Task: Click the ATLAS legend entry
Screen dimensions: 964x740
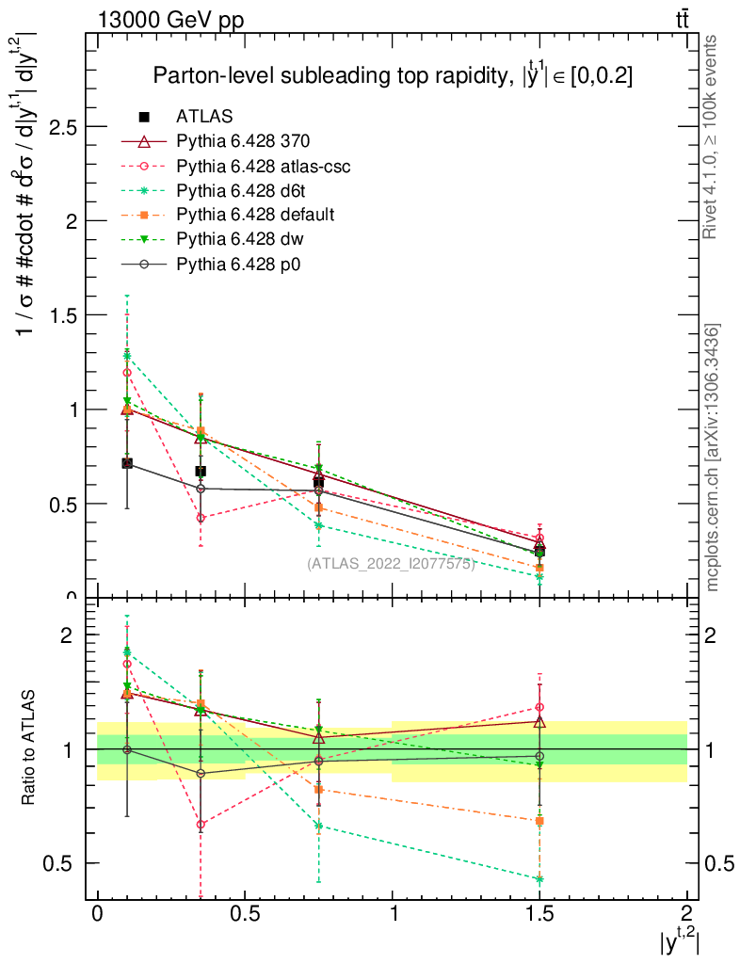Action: [x=204, y=117]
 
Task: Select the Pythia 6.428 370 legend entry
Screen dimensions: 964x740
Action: [x=243, y=141]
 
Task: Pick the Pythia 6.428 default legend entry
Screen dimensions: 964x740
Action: [x=255, y=215]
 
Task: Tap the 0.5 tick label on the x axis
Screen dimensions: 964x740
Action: [x=244, y=913]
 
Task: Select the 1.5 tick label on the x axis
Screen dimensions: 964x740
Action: [x=539, y=913]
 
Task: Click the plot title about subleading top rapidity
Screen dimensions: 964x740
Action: [x=393, y=76]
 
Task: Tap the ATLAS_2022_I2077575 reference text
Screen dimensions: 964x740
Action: [x=390, y=564]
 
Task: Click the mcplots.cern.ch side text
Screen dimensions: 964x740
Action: [x=713, y=458]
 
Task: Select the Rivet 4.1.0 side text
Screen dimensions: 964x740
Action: [x=713, y=137]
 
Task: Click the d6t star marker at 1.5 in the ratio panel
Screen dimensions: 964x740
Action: [x=539, y=878]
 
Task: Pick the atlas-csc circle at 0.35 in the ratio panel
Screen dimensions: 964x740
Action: [x=201, y=824]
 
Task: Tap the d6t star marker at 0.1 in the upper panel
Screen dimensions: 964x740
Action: [x=127, y=355]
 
